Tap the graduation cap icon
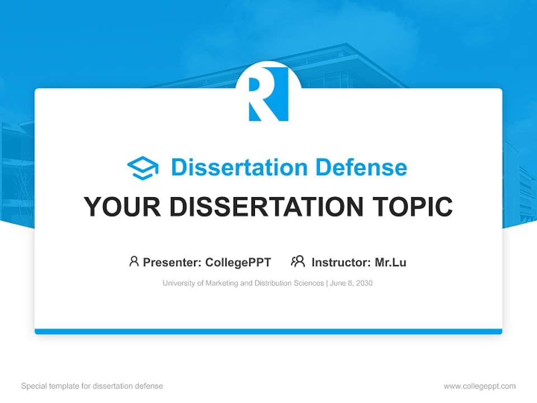[x=143, y=168]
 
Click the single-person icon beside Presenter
[x=134, y=261]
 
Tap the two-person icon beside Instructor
[x=298, y=261]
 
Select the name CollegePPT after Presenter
[x=238, y=262]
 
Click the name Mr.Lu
[x=390, y=262]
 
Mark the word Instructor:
[x=341, y=262]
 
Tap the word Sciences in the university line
[x=309, y=283]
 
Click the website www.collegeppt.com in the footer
[x=479, y=386]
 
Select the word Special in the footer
[x=33, y=386]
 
